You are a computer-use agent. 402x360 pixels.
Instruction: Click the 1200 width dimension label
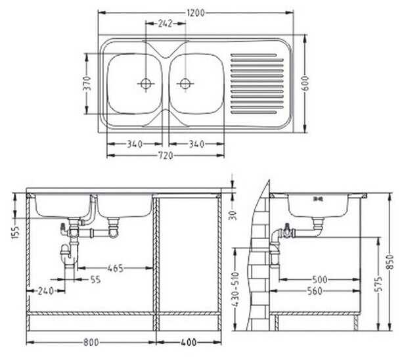(196, 13)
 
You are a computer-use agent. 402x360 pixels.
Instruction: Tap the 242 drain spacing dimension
(165, 24)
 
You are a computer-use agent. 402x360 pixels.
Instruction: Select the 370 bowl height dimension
(87, 83)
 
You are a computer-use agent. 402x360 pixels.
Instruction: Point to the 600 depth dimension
(305, 83)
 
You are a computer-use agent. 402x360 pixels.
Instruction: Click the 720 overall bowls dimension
(166, 156)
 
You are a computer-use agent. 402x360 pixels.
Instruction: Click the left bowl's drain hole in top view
(146, 83)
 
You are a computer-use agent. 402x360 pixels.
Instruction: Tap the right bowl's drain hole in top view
(185, 83)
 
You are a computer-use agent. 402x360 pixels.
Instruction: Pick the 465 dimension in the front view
(116, 268)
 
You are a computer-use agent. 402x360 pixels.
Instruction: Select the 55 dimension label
(95, 279)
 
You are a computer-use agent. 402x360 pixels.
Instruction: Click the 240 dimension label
(46, 291)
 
